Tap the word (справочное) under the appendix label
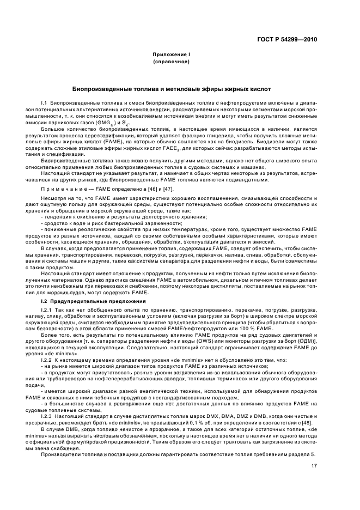[171, 62]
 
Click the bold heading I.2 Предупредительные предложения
[83, 301]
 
